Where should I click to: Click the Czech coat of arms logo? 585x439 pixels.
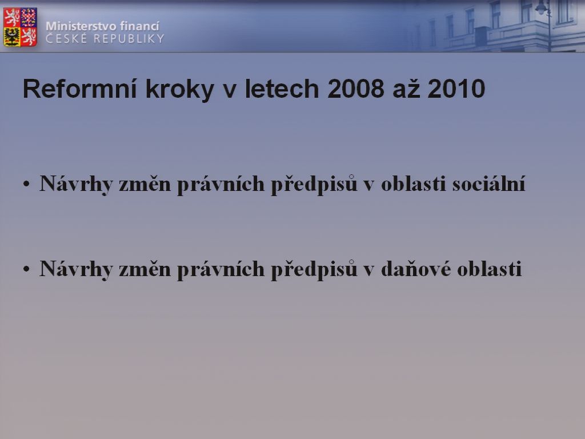point(20,27)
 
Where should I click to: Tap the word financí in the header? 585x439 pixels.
point(139,26)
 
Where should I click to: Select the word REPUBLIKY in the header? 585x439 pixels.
point(129,38)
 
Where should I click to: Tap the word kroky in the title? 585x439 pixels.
point(179,90)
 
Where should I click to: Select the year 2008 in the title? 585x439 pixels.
point(355,89)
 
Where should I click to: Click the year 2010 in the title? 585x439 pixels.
point(456,89)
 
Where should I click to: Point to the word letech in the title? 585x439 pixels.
point(282,89)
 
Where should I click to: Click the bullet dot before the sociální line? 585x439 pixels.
point(26,183)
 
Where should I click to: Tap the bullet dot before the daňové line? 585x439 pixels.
point(26,269)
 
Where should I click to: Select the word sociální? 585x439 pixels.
point(489,183)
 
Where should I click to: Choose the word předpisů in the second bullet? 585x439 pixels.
point(314,269)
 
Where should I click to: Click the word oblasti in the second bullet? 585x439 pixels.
point(489,269)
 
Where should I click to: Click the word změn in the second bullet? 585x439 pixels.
point(145,269)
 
